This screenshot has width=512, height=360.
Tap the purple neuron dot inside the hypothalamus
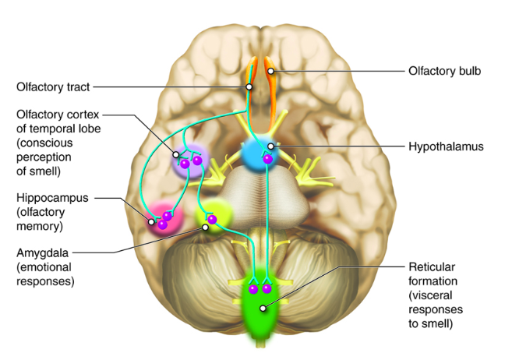(x=267, y=159)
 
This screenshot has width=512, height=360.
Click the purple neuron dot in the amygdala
(x=212, y=219)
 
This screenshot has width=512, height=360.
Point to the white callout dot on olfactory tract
(x=249, y=87)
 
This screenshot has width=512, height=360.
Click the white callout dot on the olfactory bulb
(x=270, y=72)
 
